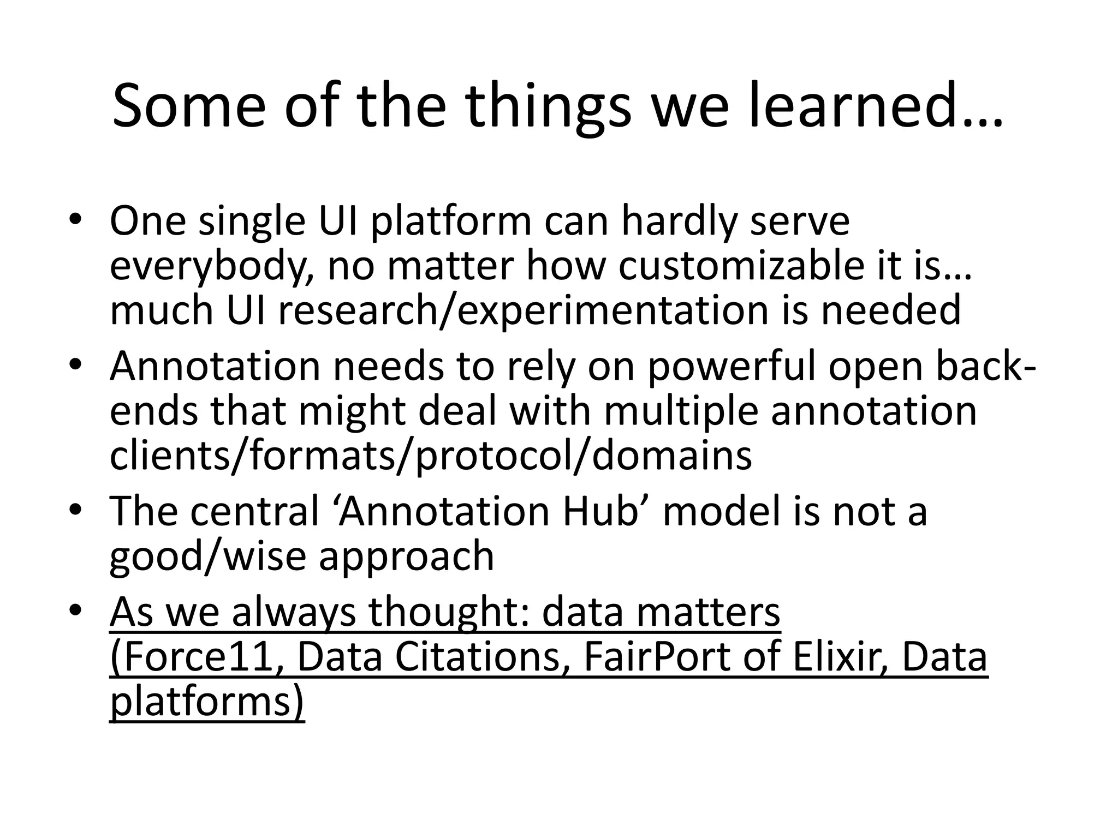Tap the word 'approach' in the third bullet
tap(406, 556)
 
